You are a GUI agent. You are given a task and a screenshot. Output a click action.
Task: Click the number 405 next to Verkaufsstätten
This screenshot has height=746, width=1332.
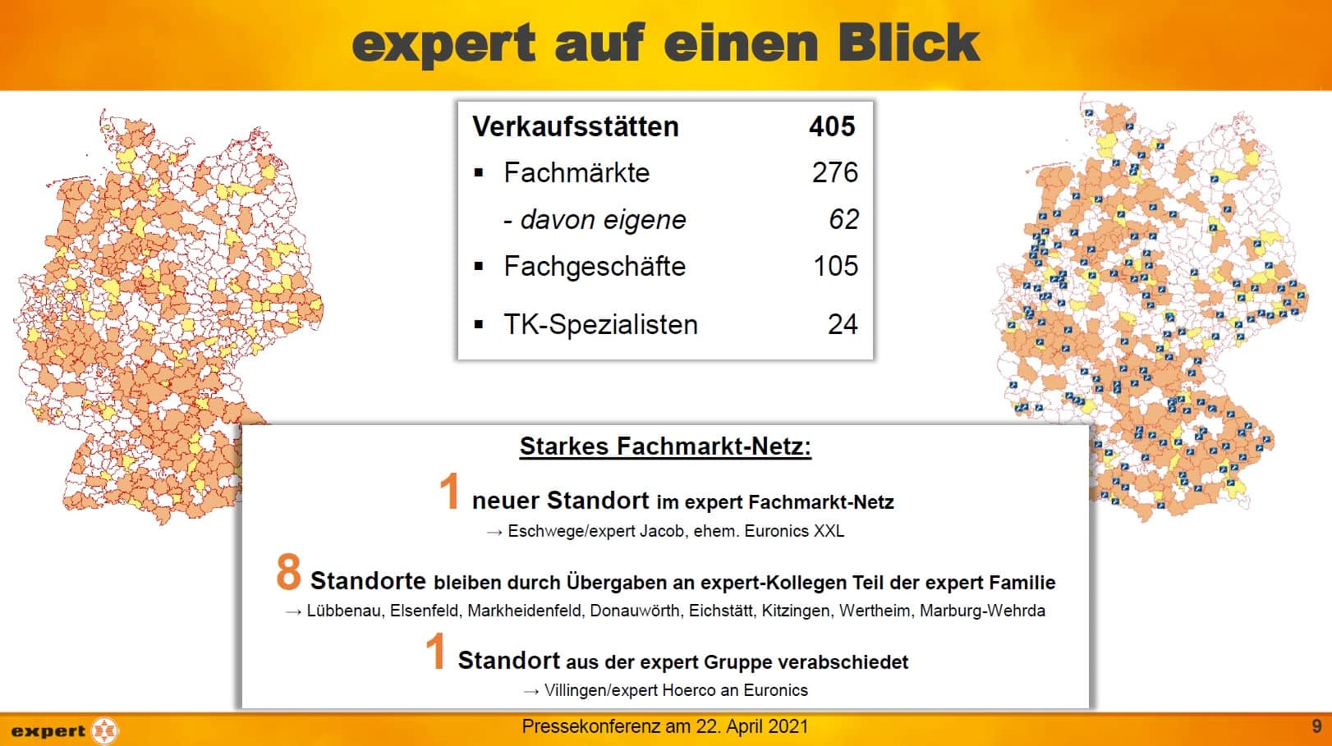[832, 126]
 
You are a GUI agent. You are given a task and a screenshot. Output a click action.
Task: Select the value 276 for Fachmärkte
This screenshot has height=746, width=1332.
[835, 173]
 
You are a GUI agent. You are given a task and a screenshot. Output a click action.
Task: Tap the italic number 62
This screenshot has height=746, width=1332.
[844, 219]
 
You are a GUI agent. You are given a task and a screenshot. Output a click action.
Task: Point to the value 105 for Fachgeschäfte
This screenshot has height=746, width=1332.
[835, 266]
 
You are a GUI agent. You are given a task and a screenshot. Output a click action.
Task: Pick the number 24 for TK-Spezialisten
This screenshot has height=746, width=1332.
[843, 324]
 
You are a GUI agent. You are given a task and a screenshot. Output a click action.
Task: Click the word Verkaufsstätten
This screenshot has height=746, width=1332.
[576, 126]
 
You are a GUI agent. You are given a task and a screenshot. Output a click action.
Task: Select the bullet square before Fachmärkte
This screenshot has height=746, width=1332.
[479, 173]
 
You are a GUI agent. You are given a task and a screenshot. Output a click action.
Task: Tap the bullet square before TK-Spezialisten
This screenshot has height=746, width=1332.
[479, 324]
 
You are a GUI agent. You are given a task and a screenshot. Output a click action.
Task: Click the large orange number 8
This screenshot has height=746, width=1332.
[288, 572]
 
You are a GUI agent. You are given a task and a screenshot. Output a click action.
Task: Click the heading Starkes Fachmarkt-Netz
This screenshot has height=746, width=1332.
[665, 446]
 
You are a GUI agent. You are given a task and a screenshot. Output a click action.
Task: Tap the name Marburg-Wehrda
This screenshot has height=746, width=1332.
[982, 611]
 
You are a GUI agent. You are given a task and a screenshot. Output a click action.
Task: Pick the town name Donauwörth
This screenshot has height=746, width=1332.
[635, 611]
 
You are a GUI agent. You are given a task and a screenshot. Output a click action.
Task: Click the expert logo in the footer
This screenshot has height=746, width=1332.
[64, 730]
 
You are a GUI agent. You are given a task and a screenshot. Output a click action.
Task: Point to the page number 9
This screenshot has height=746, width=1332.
[1316, 725]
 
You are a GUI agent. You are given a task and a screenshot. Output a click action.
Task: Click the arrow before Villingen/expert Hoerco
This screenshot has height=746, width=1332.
[531, 691]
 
